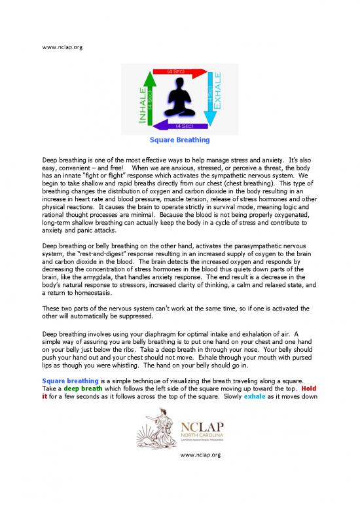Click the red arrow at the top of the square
click(178, 70)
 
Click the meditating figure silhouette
click(180, 98)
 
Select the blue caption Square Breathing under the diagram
click(179, 140)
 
